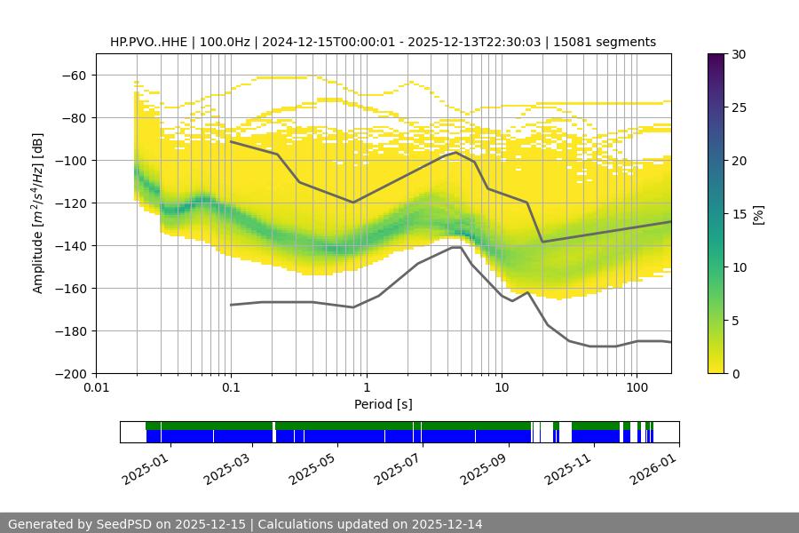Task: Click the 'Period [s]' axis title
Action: coord(384,405)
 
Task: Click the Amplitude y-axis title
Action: coord(38,214)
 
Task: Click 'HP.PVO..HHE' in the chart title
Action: coord(148,42)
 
